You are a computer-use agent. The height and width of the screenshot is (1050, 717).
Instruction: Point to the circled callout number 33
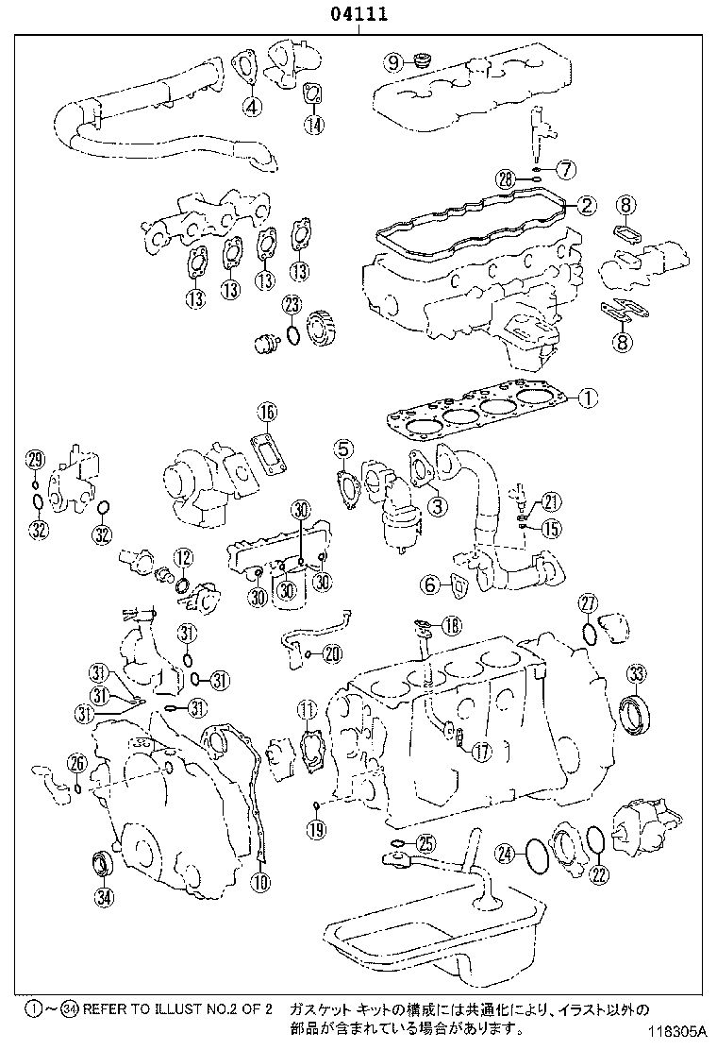pos(638,673)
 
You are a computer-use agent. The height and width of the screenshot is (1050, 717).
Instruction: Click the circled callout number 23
pos(292,305)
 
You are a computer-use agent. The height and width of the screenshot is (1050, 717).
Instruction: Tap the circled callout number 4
pos(251,107)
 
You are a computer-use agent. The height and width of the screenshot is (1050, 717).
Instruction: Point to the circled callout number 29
pos(35,460)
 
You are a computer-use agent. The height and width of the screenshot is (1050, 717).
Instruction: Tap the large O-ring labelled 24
pos(536,854)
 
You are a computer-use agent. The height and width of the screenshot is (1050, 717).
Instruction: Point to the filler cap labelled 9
pos(422,62)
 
